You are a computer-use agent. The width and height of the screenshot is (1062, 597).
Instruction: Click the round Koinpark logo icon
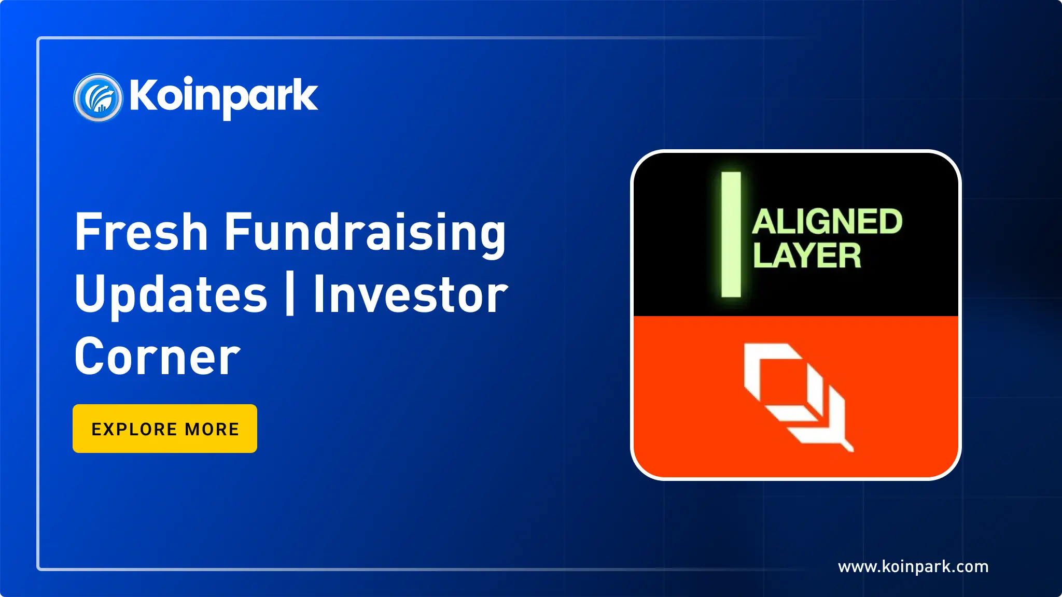click(98, 97)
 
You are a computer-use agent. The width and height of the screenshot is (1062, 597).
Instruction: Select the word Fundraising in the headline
click(365, 234)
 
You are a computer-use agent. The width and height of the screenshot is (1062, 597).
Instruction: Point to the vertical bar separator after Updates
click(290, 293)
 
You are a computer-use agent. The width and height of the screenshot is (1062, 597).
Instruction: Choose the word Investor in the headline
click(411, 294)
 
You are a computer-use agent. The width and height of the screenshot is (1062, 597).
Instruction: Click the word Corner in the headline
click(158, 356)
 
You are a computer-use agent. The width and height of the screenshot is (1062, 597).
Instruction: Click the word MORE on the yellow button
click(212, 429)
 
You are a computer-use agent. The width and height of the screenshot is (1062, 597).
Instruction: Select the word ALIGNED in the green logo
click(827, 222)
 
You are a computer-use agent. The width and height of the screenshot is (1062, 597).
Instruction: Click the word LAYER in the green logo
click(807, 255)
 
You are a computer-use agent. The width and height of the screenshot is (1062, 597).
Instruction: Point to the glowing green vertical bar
click(731, 234)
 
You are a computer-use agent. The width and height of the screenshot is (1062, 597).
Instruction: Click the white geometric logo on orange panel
click(799, 397)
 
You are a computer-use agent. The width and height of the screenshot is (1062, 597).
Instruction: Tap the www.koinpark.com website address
click(913, 566)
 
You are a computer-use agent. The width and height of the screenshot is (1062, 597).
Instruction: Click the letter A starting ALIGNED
click(765, 222)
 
